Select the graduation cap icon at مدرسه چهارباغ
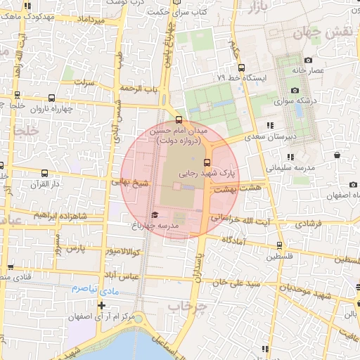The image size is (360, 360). point(155,214)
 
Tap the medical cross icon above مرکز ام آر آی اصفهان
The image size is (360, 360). point(103,305)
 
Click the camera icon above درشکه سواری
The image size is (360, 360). point(295,91)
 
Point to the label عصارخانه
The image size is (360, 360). point(309,70)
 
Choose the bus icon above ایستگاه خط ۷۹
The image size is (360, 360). point(241,68)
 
